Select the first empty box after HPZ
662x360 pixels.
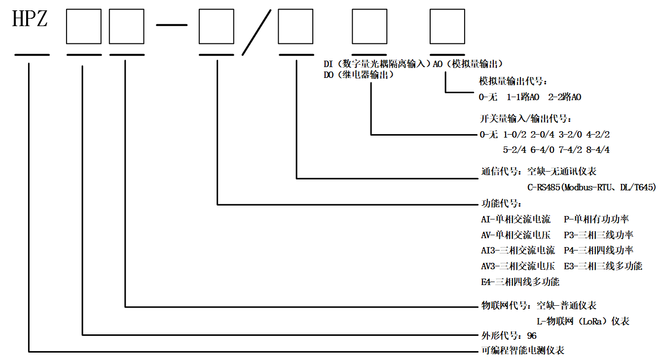coord(83,27)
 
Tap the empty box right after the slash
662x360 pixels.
coord(295,27)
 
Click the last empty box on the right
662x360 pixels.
coord(447,27)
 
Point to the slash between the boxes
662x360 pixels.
coord(256,32)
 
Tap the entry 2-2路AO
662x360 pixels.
coord(565,97)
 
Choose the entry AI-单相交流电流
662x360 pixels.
coord(515,219)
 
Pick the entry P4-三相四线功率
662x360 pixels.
coord(598,251)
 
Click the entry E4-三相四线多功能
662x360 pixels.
coord(520,282)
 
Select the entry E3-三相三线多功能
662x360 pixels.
coord(603,266)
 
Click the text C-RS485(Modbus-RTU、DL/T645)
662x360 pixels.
coord(591,187)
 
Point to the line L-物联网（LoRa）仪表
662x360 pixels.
coord(583,322)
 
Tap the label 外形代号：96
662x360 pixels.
coord(509,336)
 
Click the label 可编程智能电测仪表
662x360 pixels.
coord(522,351)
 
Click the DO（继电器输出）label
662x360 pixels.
coord(359,75)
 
